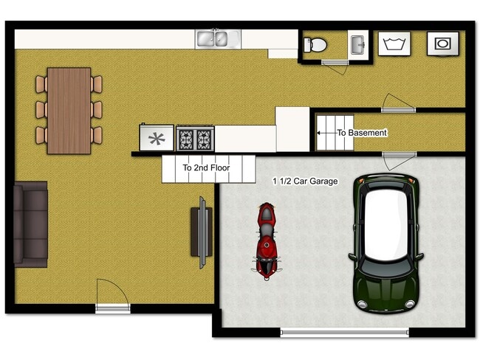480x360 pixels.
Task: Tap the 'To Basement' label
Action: point(362,133)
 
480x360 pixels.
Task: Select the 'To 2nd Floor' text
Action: point(206,168)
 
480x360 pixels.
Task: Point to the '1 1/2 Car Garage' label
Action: point(305,181)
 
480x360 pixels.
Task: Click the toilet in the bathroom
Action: point(316,45)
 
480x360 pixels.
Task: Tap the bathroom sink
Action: point(358,44)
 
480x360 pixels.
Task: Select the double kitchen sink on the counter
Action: point(216,39)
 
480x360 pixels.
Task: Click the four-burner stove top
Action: point(195,137)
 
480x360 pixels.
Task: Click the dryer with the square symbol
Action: point(442,44)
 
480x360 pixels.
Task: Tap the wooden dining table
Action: point(69,111)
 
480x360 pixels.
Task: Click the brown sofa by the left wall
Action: point(30,224)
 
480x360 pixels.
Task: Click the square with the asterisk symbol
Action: point(157,137)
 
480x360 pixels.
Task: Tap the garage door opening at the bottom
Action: point(344,331)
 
